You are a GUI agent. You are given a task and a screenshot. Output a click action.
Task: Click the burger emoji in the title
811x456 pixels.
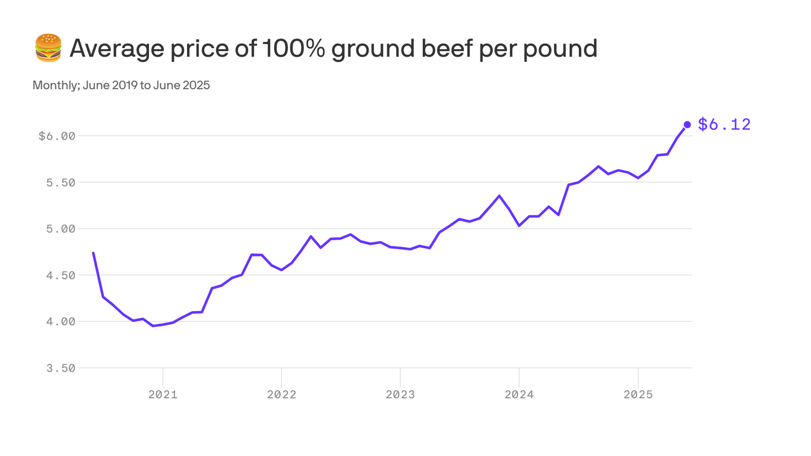click(48, 48)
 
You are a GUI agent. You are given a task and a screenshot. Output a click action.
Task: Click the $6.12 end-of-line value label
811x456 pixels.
click(724, 125)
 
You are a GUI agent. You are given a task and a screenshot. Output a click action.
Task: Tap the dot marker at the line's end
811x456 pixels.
click(687, 125)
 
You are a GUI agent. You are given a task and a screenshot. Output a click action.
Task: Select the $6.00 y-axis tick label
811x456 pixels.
click(57, 136)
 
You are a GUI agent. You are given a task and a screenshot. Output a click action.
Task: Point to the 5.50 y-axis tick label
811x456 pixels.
click(61, 182)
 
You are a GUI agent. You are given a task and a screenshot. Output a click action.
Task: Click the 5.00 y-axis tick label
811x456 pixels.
click(61, 229)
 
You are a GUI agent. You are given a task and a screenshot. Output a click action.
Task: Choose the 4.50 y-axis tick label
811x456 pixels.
click(61, 275)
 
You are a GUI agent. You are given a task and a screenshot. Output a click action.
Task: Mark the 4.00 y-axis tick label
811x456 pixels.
click(61, 321)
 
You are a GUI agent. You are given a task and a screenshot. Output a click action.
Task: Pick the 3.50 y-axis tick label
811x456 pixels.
click(61, 368)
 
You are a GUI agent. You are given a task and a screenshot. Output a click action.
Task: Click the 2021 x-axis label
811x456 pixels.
click(163, 394)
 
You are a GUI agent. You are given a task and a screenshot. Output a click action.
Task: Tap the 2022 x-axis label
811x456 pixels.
click(281, 394)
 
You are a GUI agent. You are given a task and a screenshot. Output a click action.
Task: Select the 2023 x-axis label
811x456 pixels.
click(400, 394)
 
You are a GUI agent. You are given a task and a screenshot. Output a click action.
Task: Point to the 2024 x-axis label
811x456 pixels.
click(519, 394)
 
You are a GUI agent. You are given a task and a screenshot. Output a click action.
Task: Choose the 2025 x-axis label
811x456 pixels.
click(638, 394)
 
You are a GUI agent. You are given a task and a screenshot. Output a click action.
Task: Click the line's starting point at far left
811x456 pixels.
click(93, 253)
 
